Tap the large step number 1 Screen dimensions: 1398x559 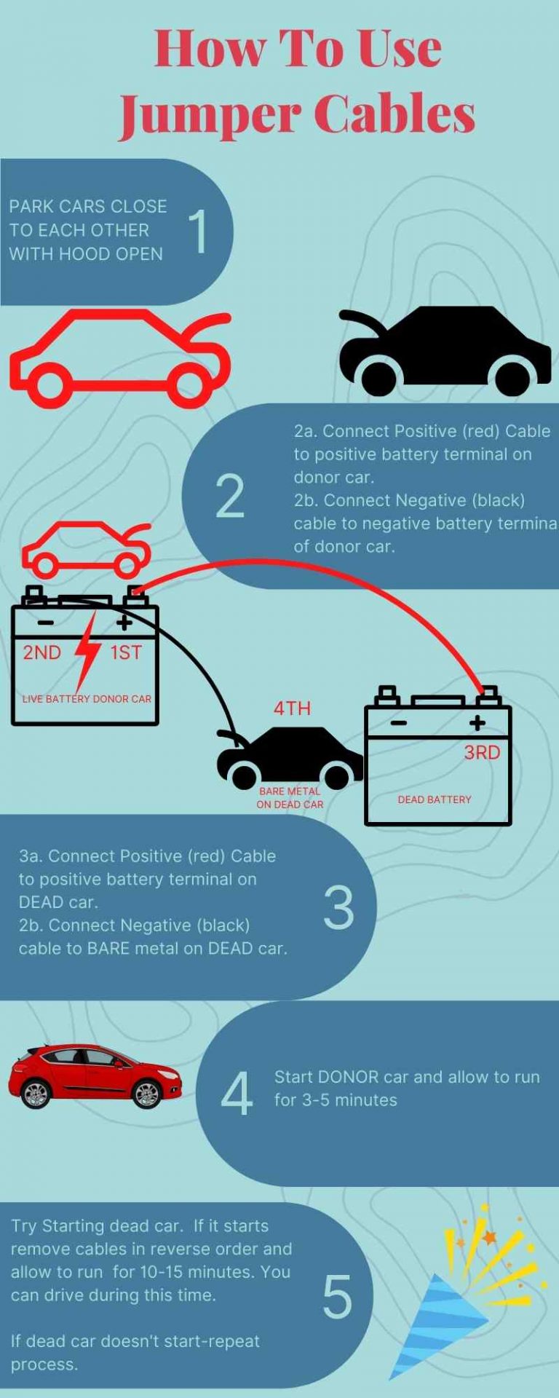(198, 232)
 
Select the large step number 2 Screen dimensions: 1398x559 (230, 497)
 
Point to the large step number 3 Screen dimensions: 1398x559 (338, 908)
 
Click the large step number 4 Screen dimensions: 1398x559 (237, 1094)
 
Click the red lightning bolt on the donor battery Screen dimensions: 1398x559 (87, 650)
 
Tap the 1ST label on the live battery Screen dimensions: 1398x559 (126, 652)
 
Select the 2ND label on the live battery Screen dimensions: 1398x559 (41, 652)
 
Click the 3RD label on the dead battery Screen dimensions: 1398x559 (482, 752)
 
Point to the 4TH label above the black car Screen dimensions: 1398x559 (292, 708)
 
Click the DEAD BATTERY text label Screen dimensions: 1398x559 (434, 799)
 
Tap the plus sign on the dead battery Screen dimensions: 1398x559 (477, 722)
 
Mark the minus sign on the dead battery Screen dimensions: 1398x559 (398, 723)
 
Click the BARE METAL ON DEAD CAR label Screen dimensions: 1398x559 (290, 798)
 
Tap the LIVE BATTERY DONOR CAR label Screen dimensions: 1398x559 (87, 699)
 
